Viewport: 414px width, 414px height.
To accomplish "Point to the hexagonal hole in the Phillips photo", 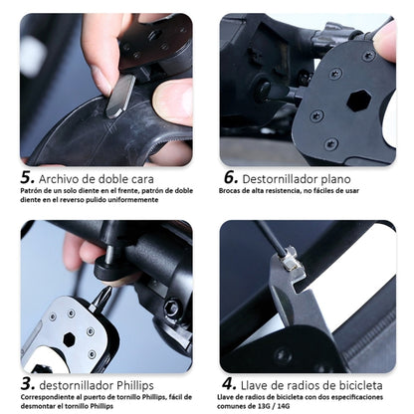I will point(70,339).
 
